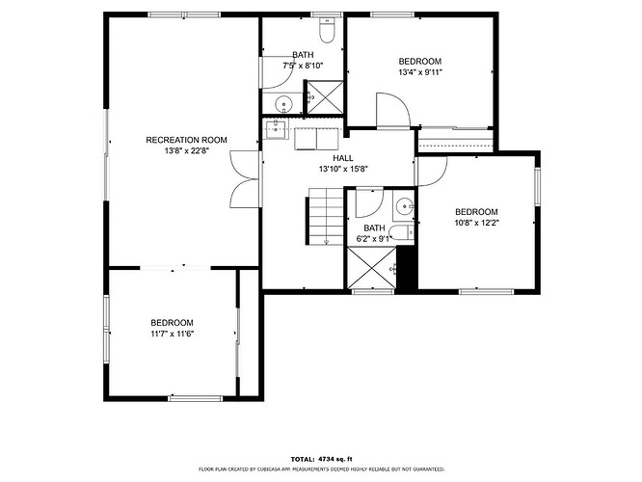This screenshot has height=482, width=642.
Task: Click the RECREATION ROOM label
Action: pyautogui.click(x=186, y=140)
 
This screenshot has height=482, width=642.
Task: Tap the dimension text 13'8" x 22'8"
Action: pyautogui.click(x=187, y=150)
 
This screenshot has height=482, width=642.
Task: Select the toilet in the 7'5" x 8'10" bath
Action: pyautogui.click(x=327, y=31)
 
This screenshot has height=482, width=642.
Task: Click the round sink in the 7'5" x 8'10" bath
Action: pyautogui.click(x=282, y=103)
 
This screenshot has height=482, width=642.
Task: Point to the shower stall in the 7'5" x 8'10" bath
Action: pyautogui.click(x=325, y=97)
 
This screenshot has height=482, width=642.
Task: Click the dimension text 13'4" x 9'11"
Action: pyautogui.click(x=420, y=72)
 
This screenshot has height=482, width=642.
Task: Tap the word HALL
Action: pyautogui.click(x=343, y=158)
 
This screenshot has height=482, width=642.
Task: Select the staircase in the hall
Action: pyautogui.click(x=326, y=216)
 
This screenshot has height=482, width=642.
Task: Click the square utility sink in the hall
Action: pyautogui.click(x=276, y=129)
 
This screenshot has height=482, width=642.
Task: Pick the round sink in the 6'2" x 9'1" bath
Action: pyautogui.click(x=404, y=206)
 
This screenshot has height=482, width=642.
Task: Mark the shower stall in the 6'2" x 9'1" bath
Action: pyautogui.click(x=372, y=267)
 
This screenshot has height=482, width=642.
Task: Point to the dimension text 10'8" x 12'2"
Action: pyautogui.click(x=476, y=223)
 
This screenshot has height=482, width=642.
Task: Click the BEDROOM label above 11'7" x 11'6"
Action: pyautogui.click(x=172, y=323)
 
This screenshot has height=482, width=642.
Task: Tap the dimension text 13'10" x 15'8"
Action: pyautogui.click(x=343, y=169)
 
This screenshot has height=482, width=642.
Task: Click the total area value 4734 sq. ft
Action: pyautogui.click(x=335, y=459)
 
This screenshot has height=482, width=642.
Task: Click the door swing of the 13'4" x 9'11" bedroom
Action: pyautogui.click(x=392, y=111)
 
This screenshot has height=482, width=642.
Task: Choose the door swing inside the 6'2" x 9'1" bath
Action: pyautogui.click(x=369, y=202)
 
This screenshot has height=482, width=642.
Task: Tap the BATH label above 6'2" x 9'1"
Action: pyautogui.click(x=374, y=228)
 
